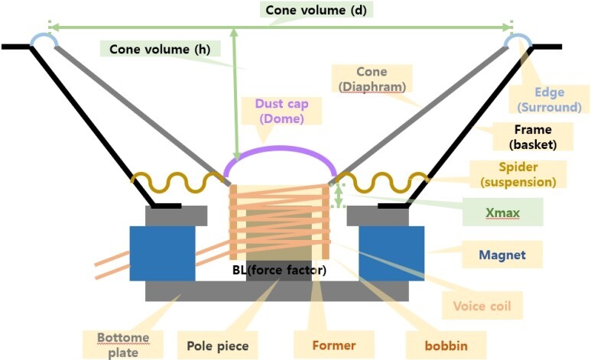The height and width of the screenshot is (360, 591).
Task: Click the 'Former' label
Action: [x=333, y=345]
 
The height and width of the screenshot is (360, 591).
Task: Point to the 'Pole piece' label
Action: [x=218, y=345]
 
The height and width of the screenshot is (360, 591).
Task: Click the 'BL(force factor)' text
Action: [x=279, y=270]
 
